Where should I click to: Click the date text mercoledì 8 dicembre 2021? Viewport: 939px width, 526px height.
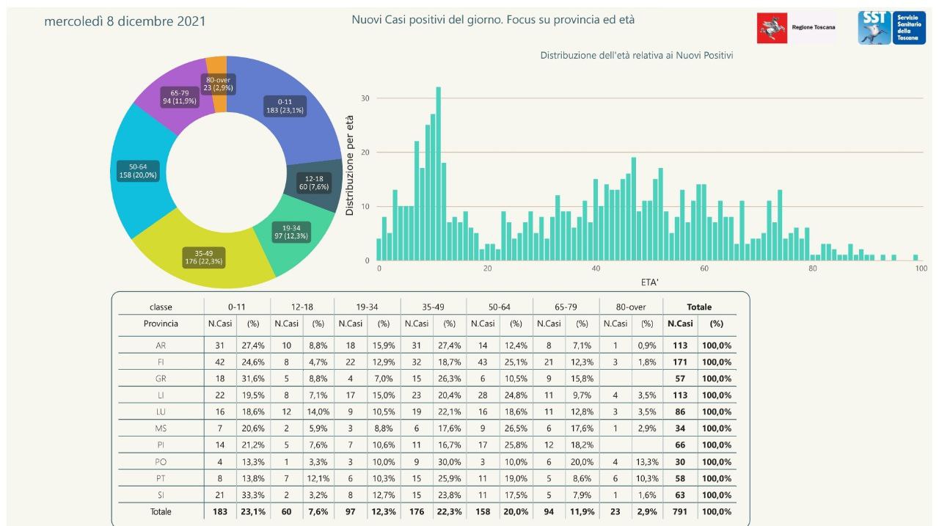pos(125,21)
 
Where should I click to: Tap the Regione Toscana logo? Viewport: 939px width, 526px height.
pos(796,27)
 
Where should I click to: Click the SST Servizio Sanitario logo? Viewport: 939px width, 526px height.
pos(891,27)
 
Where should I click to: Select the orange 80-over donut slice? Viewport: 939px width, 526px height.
pos(217,66)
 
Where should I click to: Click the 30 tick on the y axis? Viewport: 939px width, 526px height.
pos(365,98)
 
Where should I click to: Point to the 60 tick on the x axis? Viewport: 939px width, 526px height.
pos(704,269)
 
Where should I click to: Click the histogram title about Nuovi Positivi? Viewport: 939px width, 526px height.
pos(637,55)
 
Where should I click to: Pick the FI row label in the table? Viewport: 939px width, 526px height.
pos(161,362)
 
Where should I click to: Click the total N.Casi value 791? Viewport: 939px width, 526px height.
pos(679,511)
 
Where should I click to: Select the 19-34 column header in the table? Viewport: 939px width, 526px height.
pos(367,307)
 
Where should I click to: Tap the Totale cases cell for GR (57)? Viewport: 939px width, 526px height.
pos(679,379)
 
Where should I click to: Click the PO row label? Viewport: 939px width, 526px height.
pos(161,461)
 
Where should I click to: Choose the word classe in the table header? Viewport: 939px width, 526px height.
pos(161,307)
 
